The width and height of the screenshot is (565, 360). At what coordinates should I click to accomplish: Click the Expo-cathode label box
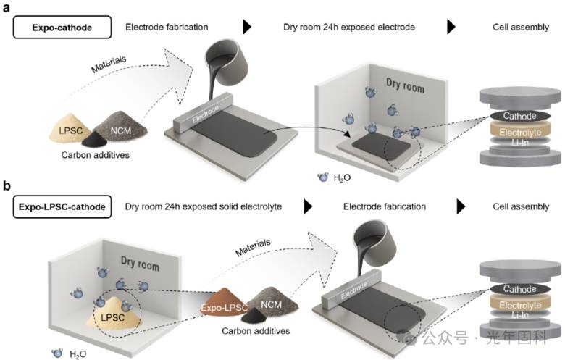pyautogui.click(x=62, y=27)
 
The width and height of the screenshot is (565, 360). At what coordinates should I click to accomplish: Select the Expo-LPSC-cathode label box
pyautogui.click(x=62, y=207)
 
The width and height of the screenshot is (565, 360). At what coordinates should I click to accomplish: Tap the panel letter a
pyautogui.click(x=6, y=7)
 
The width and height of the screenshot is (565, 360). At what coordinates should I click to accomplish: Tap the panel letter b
pyautogui.click(x=7, y=185)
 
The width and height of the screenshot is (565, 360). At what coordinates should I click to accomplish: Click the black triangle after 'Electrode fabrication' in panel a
pyautogui.click(x=247, y=27)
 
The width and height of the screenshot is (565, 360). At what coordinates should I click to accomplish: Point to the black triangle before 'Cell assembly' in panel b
pyautogui.click(x=461, y=207)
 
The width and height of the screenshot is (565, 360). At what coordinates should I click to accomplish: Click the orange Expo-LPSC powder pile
pyautogui.click(x=224, y=302)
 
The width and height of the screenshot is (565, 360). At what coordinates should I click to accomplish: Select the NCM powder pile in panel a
pyautogui.click(x=122, y=125)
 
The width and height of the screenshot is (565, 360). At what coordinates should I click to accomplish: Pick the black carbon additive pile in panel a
pyautogui.click(x=95, y=140)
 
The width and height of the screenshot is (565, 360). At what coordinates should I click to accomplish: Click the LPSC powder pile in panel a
pyautogui.click(x=71, y=128)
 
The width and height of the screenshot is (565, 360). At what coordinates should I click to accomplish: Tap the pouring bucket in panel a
pyautogui.click(x=227, y=62)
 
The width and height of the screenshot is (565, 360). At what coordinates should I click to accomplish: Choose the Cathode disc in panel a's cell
pyautogui.click(x=519, y=116)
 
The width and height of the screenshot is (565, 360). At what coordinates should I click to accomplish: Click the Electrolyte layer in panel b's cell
pyautogui.click(x=520, y=306)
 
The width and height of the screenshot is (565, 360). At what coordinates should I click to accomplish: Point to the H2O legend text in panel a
pyautogui.click(x=342, y=177)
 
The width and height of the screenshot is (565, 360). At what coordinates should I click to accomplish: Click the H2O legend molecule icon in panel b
pyautogui.click(x=57, y=353)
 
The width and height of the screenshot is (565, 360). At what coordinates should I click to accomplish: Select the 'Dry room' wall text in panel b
pyautogui.click(x=140, y=263)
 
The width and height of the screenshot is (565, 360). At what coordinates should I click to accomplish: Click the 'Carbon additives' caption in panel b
pyautogui.click(x=256, y=331)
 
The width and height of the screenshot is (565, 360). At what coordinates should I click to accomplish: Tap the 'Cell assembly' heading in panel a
pyautogui.click(x=521, y=27)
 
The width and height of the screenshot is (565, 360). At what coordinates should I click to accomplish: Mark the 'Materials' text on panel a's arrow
pyautogui.click(x=109, y=64)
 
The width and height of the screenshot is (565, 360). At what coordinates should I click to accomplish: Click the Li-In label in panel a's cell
pyautogui.click(x=519, y=143)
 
